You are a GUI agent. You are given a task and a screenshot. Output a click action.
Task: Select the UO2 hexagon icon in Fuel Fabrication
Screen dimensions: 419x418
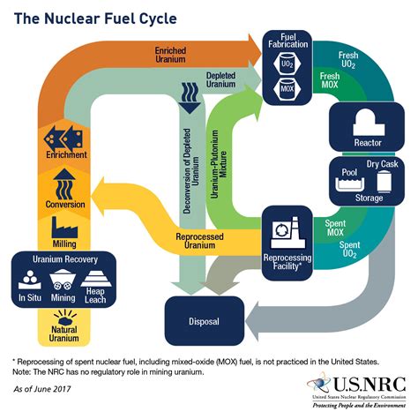[288, 66]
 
